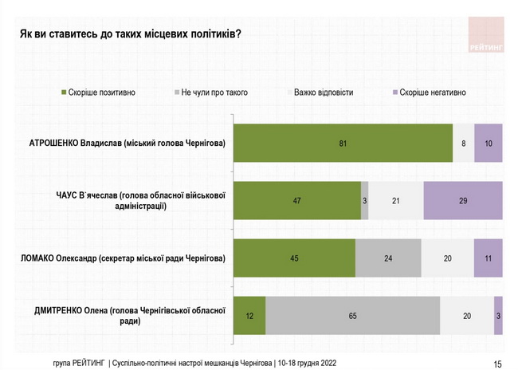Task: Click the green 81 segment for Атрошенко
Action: [x=342, y=144]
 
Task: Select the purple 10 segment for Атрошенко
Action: [x=488, y=144]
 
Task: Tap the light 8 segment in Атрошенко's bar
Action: [x=463, y=144]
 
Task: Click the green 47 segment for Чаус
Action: [x=296, y=201]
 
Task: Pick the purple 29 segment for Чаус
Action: [x=463, y=201]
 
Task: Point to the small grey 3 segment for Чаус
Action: [x=365, y=201]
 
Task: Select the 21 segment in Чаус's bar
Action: [x=396, y=201]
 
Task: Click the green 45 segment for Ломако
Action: [x=293, y=258]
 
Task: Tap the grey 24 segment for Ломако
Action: [x=388, y=258]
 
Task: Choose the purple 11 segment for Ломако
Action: [x=488, y=258]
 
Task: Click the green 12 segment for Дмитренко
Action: [x=249, y=316]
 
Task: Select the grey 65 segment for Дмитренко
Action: [x=352, y=316]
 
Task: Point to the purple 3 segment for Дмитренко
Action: [x=498, y=316]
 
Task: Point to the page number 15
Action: [x=497, y=364]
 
